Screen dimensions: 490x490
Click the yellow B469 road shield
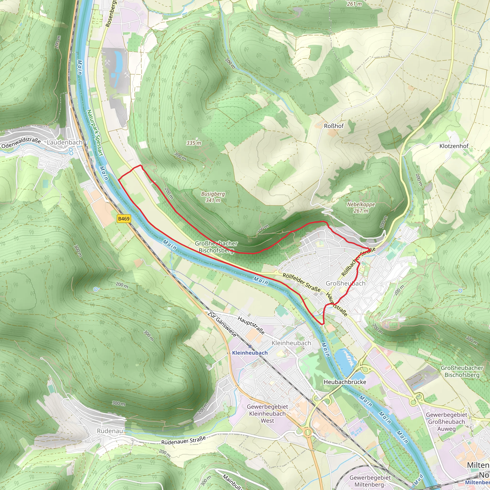124,219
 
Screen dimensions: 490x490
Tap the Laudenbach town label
64,143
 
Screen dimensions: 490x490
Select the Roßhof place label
334,126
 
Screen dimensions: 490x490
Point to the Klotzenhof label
454,146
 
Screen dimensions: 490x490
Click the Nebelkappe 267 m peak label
361,207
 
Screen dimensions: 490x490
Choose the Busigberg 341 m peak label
213,197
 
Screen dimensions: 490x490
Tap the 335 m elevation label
194,143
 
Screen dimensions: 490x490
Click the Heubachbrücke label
345,382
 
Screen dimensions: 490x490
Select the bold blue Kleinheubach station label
250,353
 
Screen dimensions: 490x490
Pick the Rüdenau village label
110,431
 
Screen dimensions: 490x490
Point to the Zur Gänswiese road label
222,324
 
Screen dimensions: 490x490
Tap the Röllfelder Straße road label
301,282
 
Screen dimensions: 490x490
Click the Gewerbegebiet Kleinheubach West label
267,414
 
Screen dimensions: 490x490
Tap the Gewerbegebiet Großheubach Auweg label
446,422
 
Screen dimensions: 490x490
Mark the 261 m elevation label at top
354,4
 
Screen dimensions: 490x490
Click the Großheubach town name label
345,283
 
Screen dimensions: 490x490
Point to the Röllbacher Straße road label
358,262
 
